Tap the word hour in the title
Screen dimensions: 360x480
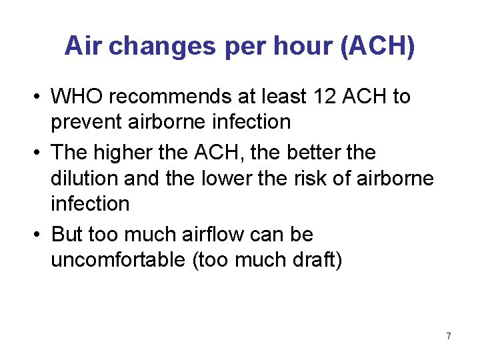pos(301,46)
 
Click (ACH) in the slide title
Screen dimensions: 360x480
pos(377,46)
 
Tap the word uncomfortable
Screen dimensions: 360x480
pos(117,260)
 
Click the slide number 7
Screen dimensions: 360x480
pos(449,336)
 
